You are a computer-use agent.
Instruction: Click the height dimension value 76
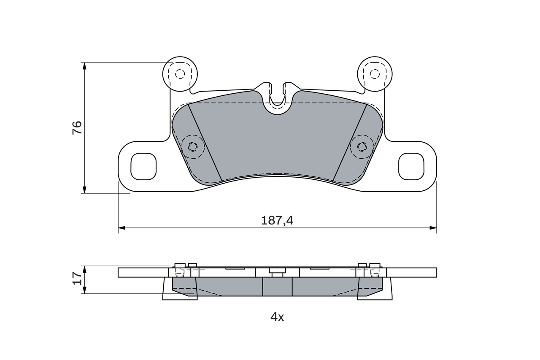coord(77,127)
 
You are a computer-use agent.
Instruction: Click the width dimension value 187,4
coord(277,220)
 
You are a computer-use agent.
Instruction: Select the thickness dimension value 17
coord(77,278)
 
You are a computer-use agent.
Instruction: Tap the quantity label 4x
coord(277,317)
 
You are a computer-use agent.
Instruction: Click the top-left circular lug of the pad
coord(180,74)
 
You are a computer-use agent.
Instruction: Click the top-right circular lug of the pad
coord(375,74)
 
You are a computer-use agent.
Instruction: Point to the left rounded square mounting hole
coord(143,166)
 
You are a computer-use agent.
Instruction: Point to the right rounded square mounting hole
coord(411,166)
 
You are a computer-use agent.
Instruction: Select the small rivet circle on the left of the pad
coord(192,146)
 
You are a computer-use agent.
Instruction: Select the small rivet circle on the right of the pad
coord(362,146)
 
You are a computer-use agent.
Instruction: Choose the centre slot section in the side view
coord(277,287)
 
